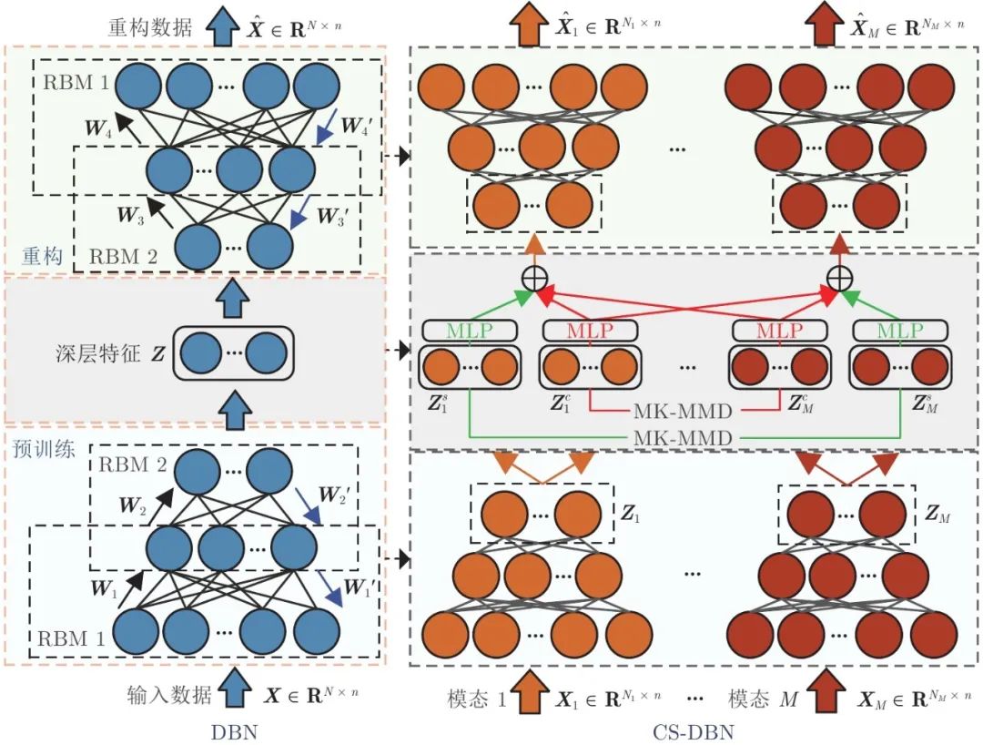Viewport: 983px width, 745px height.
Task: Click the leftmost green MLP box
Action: point(470,330)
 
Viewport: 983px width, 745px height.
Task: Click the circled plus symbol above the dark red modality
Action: point(838,278)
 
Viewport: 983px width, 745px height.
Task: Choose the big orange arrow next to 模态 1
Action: point(532,694)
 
